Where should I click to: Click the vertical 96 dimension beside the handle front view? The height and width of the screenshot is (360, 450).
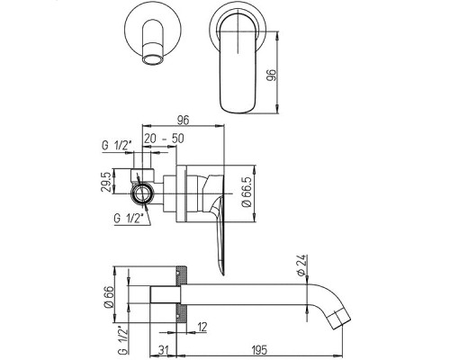tap(271, 76)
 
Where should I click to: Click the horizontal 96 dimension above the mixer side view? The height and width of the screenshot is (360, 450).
tap(183, 121)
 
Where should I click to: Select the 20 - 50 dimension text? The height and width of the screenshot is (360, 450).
tap(164, 139)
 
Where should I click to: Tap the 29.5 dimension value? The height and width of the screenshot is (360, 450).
tap(107, 181)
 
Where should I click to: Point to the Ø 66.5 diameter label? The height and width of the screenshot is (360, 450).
tap(247, 192)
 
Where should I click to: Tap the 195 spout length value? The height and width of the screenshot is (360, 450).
tap(259, 349)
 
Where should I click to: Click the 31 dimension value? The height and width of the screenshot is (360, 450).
tap(164, 349)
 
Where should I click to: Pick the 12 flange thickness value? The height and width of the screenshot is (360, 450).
tap(202, 327)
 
